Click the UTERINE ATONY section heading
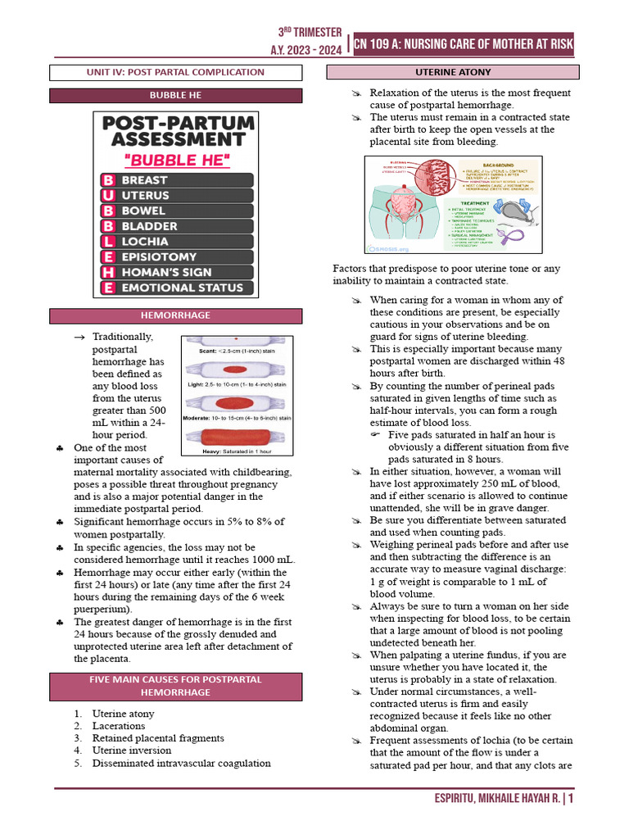[x=450, y=72]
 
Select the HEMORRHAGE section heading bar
[x=176, y=315]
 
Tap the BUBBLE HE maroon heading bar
[x=176, y=96]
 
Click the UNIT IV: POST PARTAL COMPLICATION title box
[x=176, y=72]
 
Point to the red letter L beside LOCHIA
[x=107, y=242]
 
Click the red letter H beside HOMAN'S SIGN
[x=107, y=272]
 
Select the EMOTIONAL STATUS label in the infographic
[x=182, y=288]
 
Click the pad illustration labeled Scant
[x=236, y=339]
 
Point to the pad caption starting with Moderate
[x=237, y=418]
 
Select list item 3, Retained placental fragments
[x=158, y=738]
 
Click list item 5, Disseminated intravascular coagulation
[x=181, y=763]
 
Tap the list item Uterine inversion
[x=132, y=751]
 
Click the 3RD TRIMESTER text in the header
[x=310, y=32]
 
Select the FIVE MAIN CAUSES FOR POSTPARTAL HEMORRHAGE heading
[x=176, y=686]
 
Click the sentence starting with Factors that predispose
[x=446, y=274]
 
